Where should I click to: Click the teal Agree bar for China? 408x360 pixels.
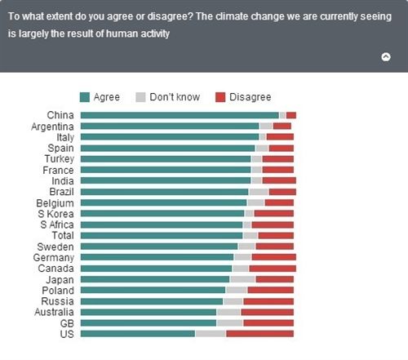[x=180, y=115]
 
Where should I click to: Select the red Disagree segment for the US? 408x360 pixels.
[x=259, y=334]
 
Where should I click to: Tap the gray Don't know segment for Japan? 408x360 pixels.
[x=242, y=279]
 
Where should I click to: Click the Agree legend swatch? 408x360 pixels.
[x=85, y=97]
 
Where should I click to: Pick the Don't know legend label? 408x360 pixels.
[x=174, y=97]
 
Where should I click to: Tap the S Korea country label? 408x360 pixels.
[x=56, y=213]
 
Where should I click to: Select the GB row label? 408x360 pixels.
[x=66, y=322]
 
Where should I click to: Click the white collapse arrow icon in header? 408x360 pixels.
[x=386, y=57]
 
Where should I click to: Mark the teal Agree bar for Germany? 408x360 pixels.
[x=157, y=257]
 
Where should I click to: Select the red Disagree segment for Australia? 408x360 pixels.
[x=267, y=312]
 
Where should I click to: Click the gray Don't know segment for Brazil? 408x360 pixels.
[x=258, y=192]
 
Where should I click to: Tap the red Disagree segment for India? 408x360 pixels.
[x=279, y=180]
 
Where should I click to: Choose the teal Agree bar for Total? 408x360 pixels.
[x=162, y=235]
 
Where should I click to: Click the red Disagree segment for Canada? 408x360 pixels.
[x=273, y=268]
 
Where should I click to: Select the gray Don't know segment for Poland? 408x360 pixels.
[x=236, y=290]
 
